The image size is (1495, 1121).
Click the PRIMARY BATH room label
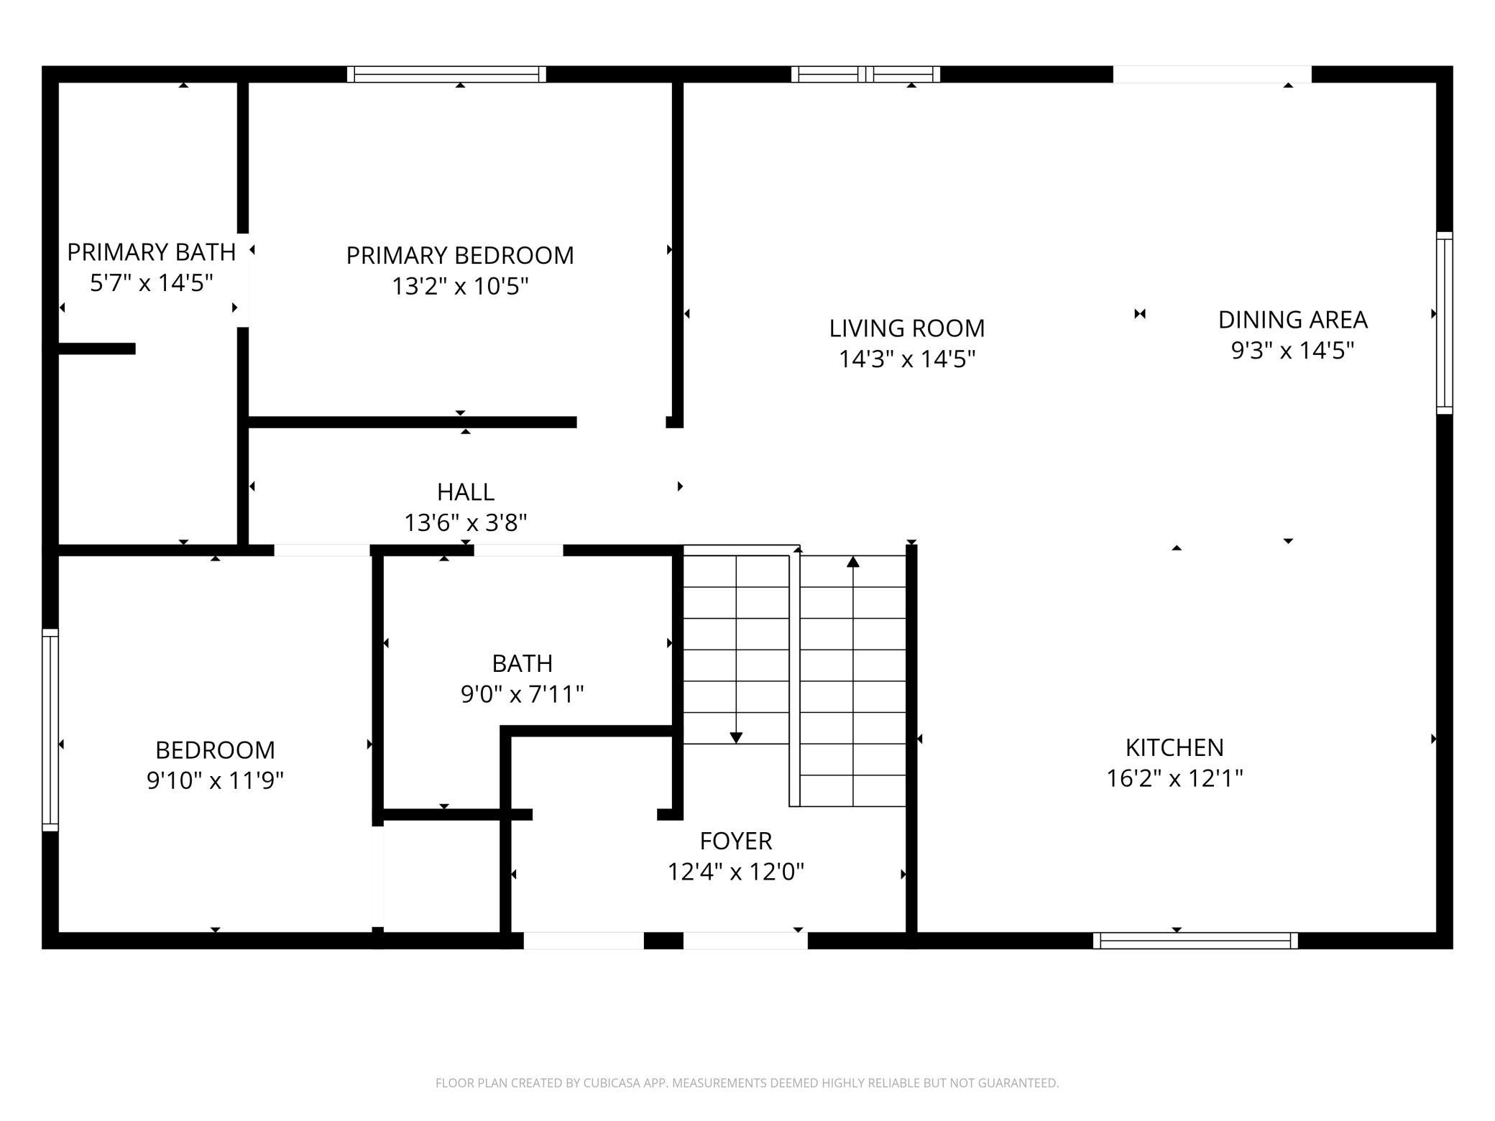point(151,252)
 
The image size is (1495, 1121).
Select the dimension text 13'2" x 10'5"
point(460,287)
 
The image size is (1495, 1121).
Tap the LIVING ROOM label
point(906,328)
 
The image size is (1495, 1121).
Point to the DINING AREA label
point(1292,320)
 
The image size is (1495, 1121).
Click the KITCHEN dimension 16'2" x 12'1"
point(1174,778)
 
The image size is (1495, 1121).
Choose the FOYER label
point(735,841)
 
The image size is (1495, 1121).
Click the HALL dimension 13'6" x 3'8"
point(466,523)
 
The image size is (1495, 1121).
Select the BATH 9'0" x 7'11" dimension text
point(522,694)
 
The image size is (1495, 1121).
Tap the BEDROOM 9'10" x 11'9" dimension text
point(215,780)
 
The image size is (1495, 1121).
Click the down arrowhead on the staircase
point(736,738)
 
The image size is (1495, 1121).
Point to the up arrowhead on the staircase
point(853,561)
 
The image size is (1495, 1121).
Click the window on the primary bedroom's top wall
point(446,74)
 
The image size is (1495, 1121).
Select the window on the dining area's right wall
point(1444,323)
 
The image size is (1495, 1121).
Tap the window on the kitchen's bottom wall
point(1195,941)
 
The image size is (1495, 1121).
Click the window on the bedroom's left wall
point(50,729)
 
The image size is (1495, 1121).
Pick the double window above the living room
point(865,74)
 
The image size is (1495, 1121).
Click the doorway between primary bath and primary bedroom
point(244,280)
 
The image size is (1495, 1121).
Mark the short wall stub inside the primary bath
point(97,349)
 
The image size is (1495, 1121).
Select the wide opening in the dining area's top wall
point(1212,74)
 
